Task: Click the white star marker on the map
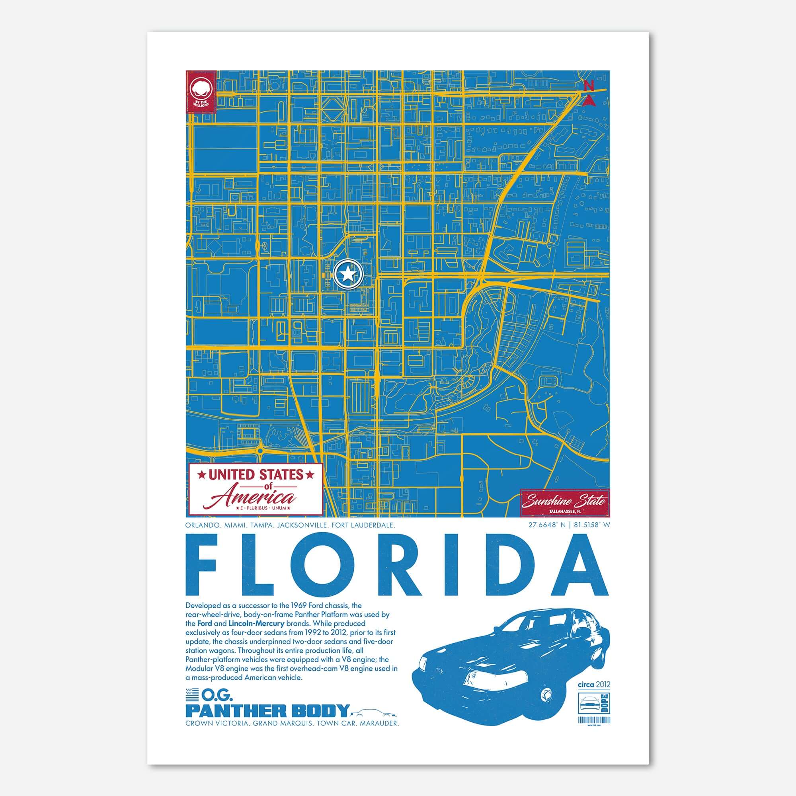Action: [348, 273]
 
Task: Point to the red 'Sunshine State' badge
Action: [564, 502]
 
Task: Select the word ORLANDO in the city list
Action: [202, 525]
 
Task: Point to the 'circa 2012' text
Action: [594, 685]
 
